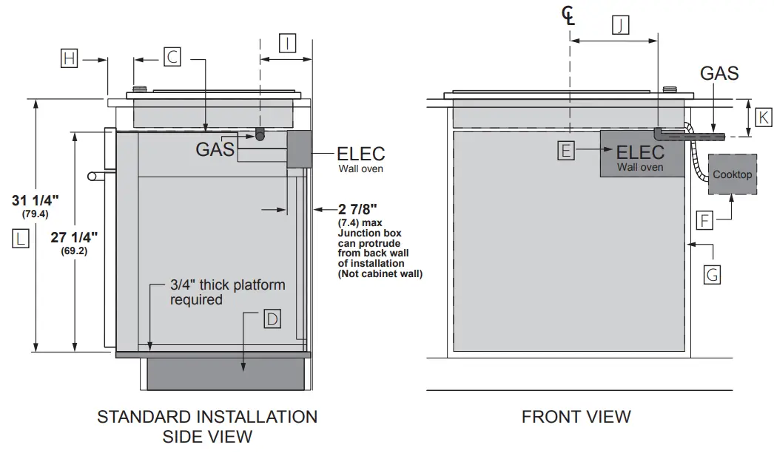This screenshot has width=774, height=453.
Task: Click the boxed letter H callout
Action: coord(69,58)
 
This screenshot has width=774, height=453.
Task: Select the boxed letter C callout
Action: coord(172,57)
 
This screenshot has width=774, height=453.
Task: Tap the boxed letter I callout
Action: coord(287,44)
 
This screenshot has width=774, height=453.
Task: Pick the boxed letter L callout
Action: coord(20,238)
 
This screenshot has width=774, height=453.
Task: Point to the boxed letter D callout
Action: coord(272,319)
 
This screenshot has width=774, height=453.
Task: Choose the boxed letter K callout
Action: coord(763,117)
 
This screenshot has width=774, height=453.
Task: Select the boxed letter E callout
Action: coord(566,151)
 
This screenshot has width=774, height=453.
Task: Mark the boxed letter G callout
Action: coord(712,274)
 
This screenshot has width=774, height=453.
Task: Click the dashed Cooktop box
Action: coord(732,174)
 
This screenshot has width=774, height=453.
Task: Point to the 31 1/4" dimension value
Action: coord(36,200)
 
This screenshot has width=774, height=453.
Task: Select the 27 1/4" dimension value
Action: coord(74,237)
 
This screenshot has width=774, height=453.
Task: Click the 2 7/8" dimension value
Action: coord(354,208)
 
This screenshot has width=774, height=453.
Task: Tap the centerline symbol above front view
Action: coord(568,14)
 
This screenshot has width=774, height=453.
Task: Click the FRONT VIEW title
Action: coord(576,417)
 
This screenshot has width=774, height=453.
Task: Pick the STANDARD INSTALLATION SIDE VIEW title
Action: coord(207,426)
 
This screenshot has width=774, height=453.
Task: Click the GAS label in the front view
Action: coord(719,72)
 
